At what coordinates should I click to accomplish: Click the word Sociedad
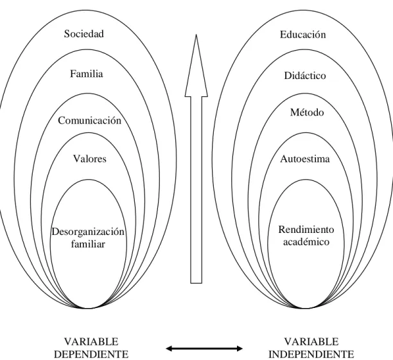[83, 33]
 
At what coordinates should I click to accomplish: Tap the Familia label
[87, 74]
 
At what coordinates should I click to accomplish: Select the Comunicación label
[90, 121]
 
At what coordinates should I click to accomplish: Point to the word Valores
[90, 159]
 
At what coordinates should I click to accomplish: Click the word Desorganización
[88, 232]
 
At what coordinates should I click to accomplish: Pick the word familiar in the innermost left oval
[88, 244]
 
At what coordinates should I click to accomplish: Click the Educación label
[302, 34]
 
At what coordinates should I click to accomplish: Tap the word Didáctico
[305, 76]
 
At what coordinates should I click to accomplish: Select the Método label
[307, 112]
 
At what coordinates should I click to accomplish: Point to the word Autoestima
[305, 159]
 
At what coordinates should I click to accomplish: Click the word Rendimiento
[306, 230]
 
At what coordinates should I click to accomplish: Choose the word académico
[306, 242]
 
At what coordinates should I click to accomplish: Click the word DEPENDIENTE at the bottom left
[91, 354]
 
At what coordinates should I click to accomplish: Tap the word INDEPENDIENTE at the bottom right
[311, 354]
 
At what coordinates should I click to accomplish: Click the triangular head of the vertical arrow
[197, 73]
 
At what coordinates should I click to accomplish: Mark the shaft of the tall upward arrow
[197, 190]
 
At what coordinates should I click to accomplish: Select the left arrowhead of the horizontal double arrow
[169, 348]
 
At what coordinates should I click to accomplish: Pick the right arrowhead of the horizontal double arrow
[240, 348]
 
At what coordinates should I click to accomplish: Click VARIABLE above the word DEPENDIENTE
[91, 342]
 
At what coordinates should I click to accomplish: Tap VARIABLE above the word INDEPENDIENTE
[311, 342]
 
